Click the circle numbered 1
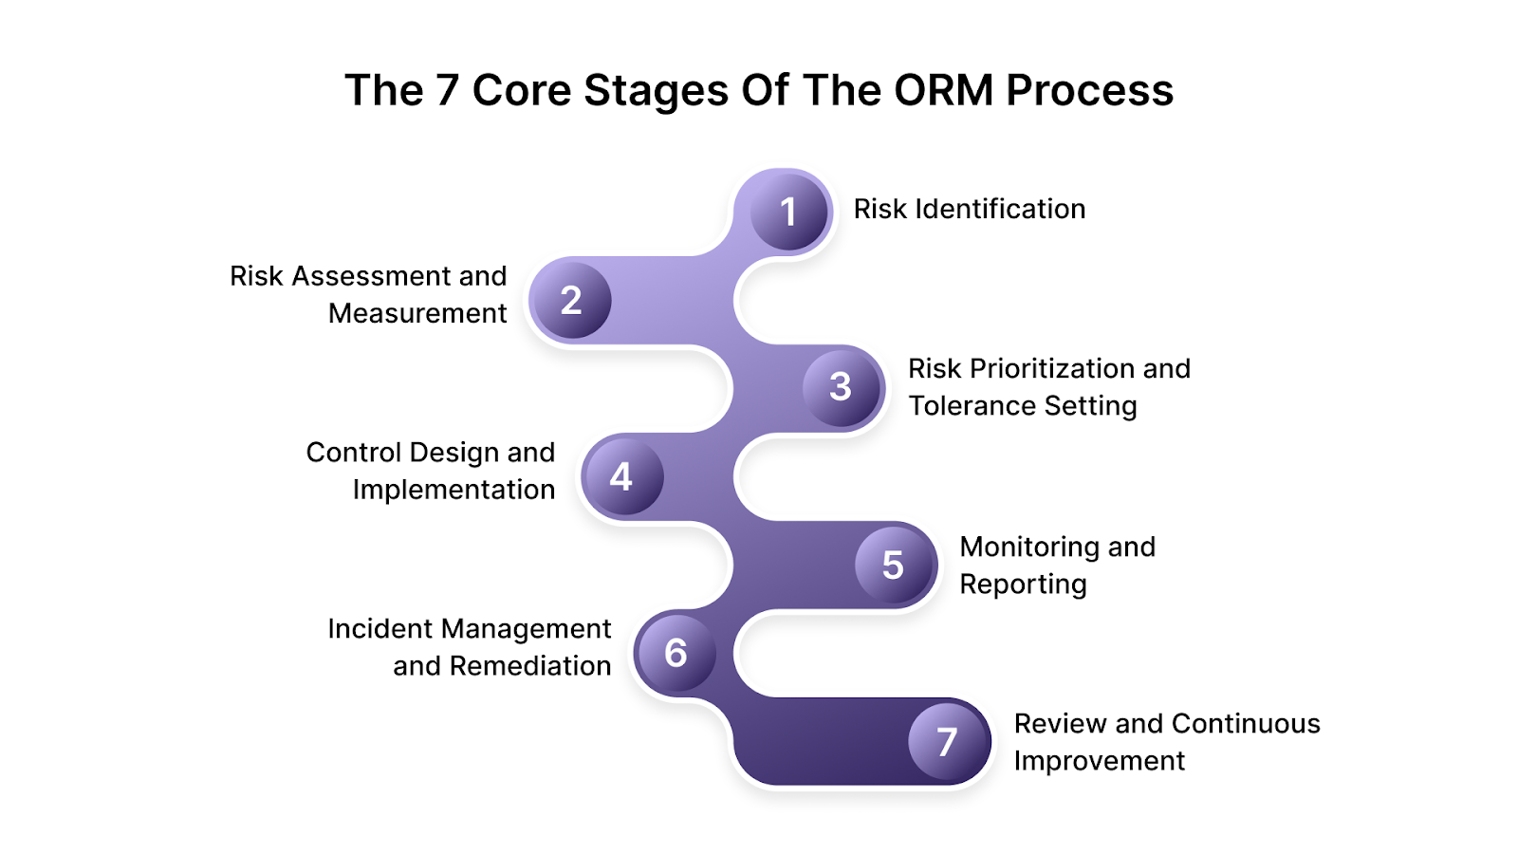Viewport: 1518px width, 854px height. click(x=788, y=211)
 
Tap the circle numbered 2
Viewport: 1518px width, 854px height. click(x=570, y=300)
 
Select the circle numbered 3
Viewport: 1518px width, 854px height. click(x=842, y=386)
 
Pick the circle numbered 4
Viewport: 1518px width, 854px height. click(x=621, y=475)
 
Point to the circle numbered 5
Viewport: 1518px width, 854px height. click(x=894, y=565)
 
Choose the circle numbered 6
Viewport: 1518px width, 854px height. click(x=676, y=652)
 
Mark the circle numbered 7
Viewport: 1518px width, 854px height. click(x=947, y=741)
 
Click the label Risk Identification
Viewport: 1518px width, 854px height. click(x=969, y=209)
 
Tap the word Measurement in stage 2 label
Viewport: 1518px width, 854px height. click(x=417, y=313)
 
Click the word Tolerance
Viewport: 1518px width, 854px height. click(x=962, y=405)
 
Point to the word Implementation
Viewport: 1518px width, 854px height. click(x=454, y=490)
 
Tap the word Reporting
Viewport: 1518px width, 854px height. click(x=1023, y=585)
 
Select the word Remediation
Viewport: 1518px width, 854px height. click(x=529, y=666)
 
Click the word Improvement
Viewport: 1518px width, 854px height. click(x=1099, y=761)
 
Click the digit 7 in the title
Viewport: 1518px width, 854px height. click(x=446, y=90)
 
